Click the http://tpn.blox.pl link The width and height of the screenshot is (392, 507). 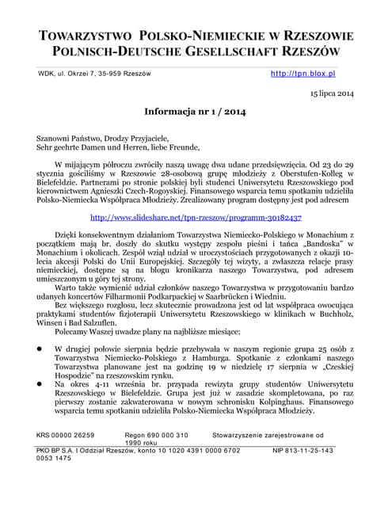coord(303,73)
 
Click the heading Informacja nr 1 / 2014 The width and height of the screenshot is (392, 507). coord(195,113)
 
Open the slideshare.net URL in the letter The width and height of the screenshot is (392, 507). coord(196,216)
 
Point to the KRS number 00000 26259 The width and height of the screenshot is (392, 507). coord(66,435)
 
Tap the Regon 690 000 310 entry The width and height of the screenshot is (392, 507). coord(157,435)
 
